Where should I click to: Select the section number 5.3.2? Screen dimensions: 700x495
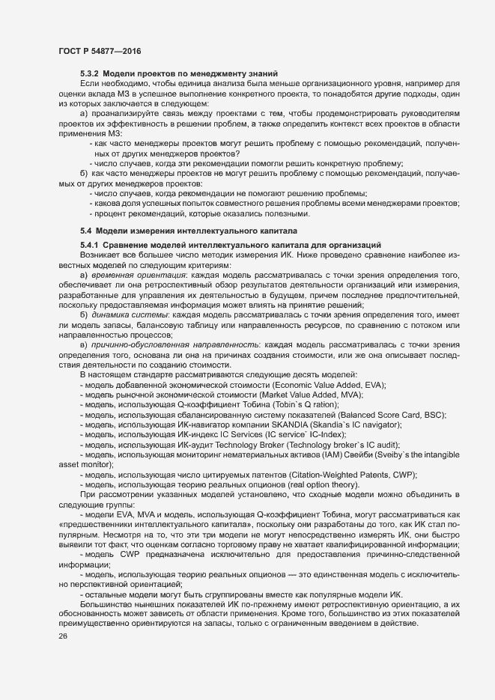(x=89, y=73)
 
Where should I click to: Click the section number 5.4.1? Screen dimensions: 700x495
(x=89, y=246)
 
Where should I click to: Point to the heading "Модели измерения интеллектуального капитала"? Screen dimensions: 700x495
(x=197, y=231)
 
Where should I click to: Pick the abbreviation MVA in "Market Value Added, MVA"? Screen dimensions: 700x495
(x=352, y=395)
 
